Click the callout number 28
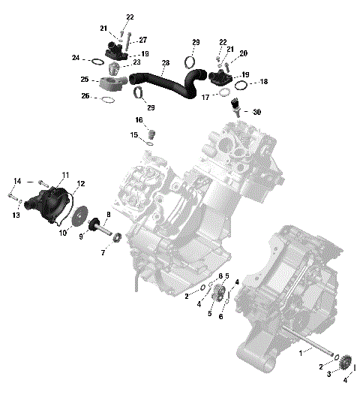[166, 62]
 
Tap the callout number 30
[257, 112]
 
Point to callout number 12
[80, 183]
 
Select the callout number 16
[139, 120]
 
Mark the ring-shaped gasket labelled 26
[108, 98]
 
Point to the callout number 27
[142, 40]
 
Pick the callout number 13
[15, 214]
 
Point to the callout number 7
[103, 253]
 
